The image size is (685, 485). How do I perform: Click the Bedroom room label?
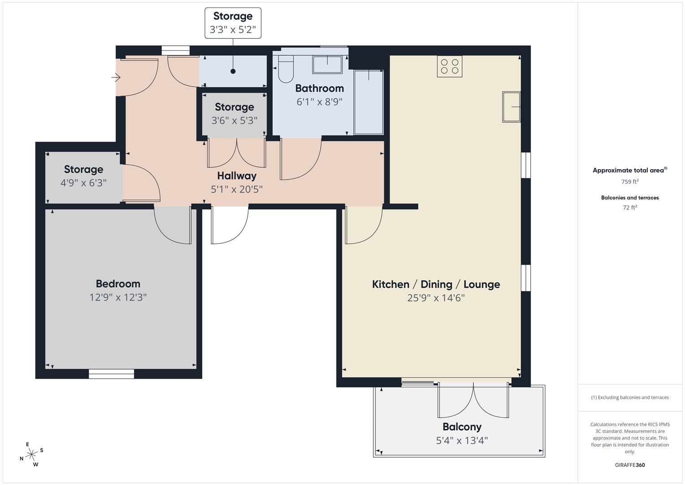(118, 284)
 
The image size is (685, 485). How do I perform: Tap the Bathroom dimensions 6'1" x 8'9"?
(319, 102)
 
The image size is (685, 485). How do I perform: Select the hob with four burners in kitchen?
(449, 66)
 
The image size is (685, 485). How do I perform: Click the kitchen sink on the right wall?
(511, 107)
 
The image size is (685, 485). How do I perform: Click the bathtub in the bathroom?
(369, 102)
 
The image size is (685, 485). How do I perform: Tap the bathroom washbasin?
(327, 64)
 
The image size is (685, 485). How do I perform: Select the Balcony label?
(462, 427)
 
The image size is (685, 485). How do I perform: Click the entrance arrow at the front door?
(116, 78)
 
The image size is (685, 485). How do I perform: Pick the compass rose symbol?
(31, 454)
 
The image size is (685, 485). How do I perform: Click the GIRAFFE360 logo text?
(630, 465)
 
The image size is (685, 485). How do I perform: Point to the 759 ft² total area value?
(630, 182)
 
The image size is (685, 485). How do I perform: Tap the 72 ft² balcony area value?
(630, 207)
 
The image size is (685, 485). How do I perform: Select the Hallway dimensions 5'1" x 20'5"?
(236, 189)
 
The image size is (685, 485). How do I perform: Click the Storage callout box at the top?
(233, 23)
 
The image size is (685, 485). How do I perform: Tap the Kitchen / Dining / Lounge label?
(436, 284)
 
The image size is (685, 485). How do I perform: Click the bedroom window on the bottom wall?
(111, 374)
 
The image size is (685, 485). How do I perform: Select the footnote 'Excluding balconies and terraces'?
(630, 397)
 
